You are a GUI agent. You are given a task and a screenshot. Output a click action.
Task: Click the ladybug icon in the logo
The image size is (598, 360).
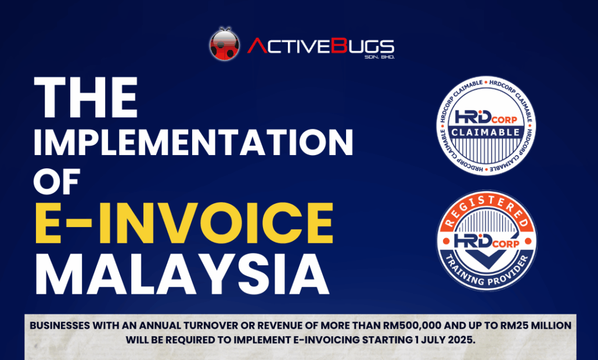point(225,44)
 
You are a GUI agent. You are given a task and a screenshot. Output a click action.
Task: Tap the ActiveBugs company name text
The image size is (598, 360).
point(320,46)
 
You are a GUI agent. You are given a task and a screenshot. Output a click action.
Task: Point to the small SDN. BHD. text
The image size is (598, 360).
point(380,57)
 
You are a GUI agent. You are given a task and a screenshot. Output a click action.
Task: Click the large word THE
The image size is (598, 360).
point(86,98)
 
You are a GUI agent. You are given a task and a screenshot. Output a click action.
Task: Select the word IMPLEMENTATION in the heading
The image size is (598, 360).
point(193,142)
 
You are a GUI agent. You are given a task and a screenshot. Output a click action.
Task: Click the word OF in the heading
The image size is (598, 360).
point(57,182)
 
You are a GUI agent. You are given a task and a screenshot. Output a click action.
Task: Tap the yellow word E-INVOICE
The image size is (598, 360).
point(184,224)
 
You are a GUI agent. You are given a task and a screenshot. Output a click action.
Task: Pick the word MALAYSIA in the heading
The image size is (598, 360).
point(182,273)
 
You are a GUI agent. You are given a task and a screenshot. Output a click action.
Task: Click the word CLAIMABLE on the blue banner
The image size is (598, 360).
point(486,132)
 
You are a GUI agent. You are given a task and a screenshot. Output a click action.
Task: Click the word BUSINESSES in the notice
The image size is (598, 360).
point(60,326)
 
